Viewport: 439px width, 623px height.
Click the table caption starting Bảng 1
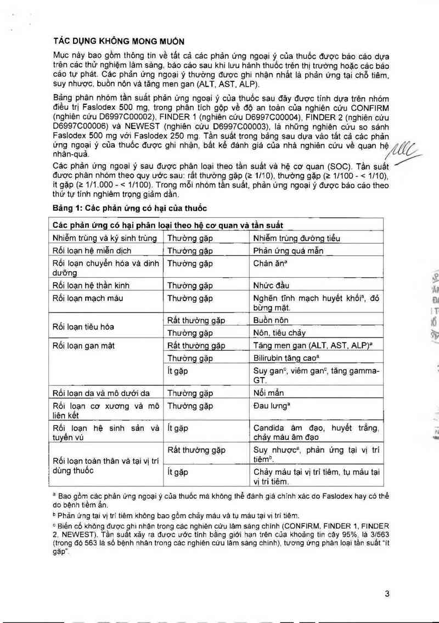tap(129, 207)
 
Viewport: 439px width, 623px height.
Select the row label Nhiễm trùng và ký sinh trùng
tap(105, 238)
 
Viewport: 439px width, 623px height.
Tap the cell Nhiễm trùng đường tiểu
tap(297, 238)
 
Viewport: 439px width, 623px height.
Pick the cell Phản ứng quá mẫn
tap(289, 251)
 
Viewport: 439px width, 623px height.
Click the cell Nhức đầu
tap(272, 285)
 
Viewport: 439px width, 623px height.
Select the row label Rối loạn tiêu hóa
tap(83, 327)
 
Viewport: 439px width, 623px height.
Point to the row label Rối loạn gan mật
tap(83, 346)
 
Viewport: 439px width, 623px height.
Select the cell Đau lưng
tap(271, 406)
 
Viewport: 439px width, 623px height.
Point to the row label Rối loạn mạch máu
tap(88, 299)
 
